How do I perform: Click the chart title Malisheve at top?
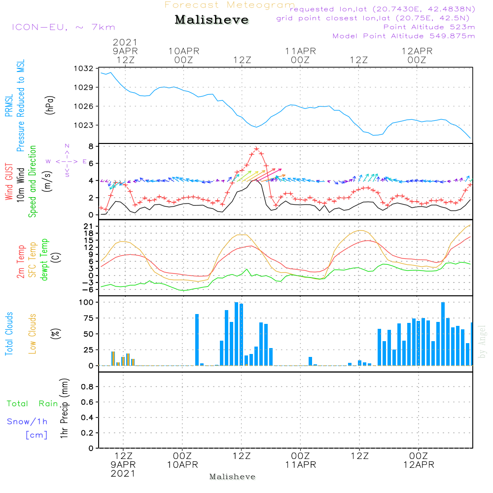click(x=211, y=20)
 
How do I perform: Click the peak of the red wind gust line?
click(x=256, y=148)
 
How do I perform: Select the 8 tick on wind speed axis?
click(x=90, y=146)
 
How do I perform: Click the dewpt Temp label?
click(x=44, y=260)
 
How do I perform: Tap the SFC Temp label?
click(x=33, y=260)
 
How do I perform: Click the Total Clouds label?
click(x=9, y=334)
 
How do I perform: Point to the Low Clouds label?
click(x=33, y=334)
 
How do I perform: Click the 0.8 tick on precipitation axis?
click(x=87, y=387)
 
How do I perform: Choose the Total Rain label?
click(x=33, y=403)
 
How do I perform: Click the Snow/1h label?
click(x=28, y=422)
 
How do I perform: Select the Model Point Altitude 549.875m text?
click(x=404, y=36)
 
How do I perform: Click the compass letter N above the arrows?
click(x=67, y=146)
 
